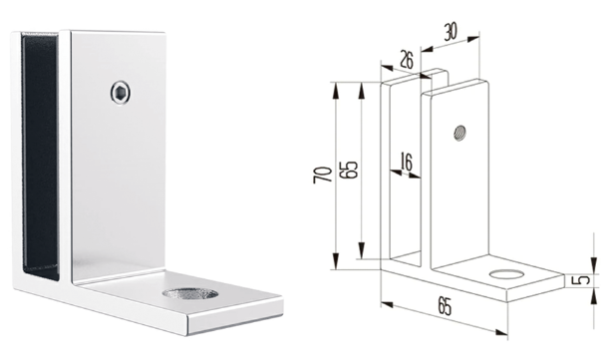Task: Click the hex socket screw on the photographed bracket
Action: (120, 93)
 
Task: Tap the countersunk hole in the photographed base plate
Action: (190, 293)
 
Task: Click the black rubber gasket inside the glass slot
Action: (41, 155)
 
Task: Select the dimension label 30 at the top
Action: (450, 32)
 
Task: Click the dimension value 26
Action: (405, 60)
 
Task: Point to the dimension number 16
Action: (407, 162)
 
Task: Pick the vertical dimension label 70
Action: (323, 175)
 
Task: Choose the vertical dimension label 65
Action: (349, 169)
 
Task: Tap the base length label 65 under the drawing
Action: (446, 306)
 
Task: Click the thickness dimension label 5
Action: (584, 279)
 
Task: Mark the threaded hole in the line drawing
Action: (459, 133)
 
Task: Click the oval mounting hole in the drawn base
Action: (506, 274)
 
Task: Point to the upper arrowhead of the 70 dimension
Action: (336, 90)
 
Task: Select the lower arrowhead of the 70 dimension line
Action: (336, 260)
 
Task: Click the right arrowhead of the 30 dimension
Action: (473, 38)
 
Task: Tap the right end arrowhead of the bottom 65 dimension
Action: (501, 332)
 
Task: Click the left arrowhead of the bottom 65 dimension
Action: (387, 304)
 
